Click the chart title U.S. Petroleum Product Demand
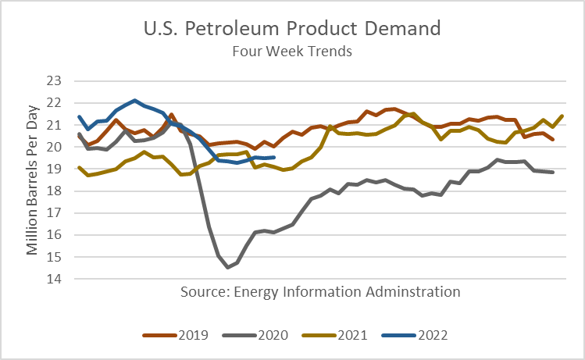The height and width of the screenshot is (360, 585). coord(292,30)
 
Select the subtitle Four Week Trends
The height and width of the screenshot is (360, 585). coord(292,52)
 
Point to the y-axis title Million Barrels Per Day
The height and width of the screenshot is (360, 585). coord(32,180)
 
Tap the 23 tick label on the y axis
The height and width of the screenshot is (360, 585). coord(54,80)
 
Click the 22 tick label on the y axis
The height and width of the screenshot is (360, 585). coord(54,103)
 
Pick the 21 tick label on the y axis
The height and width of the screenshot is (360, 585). coord(54,125)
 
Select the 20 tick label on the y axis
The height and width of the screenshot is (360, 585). coord(54,147)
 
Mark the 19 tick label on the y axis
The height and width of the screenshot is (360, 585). coord(54,169)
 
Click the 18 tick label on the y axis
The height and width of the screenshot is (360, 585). coord(54,191)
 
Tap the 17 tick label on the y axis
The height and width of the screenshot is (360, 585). coord(54,213)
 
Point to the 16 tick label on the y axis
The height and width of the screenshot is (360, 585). coord(54,235)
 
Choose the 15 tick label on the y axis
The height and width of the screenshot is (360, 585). coord(54,257)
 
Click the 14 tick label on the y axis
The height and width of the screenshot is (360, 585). coord(54,279)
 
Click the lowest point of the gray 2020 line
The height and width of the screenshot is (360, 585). coord(228,268)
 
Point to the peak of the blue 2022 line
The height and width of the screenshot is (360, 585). coord(135,101)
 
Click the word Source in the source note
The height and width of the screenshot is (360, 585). coord(202,292)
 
